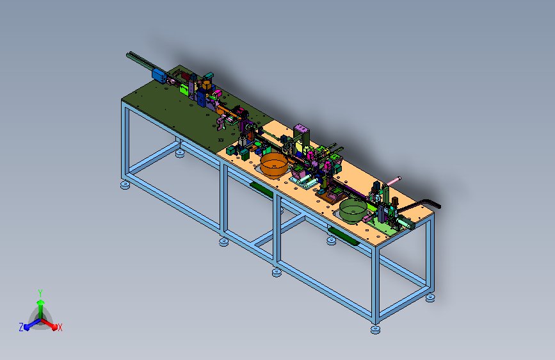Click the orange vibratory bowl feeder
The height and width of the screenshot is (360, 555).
(x=273, y=165)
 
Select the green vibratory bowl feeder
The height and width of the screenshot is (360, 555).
(x=353, y=211)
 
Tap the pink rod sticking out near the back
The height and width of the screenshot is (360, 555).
(x=393, y=181)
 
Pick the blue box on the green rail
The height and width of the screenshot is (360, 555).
(x=159, y=76)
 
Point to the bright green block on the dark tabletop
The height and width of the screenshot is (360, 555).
(x=184, y=89)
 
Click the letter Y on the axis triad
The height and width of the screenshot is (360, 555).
(x=40, y=293)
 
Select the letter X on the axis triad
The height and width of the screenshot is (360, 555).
(x=60, y=328)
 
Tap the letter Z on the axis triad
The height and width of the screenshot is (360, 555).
(x=21, y=327)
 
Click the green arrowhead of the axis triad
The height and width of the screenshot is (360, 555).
(x=41, y=302)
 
